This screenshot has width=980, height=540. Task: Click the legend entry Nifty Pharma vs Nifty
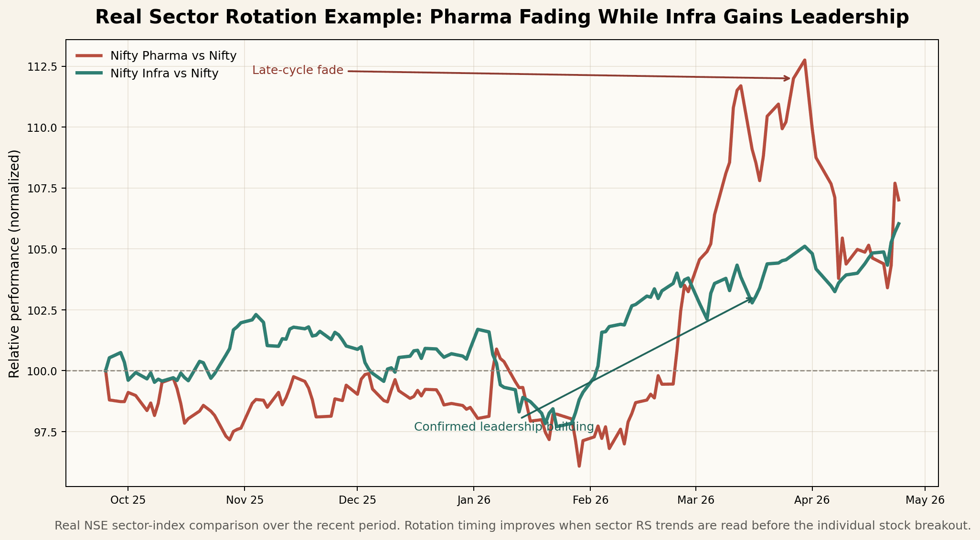(x=173, y=56)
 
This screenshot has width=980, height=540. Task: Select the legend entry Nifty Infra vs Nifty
(x=164, y=74)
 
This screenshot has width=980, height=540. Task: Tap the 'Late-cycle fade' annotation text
(x=298, y=70)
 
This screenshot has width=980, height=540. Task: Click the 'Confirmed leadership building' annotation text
(x=504, y=427)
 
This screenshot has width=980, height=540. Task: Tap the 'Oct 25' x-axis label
(x=128, y=500)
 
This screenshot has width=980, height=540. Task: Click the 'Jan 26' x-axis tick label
(x=473, y=500)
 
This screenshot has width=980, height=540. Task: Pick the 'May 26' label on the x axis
(x=925, y=500)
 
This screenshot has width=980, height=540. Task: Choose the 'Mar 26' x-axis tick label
(x=695, y=500)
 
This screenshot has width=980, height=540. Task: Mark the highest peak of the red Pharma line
(x=805, y=60)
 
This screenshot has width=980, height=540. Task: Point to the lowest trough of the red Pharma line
(x=579, y=466)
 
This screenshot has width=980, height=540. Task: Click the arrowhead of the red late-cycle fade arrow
(x=788, y=78)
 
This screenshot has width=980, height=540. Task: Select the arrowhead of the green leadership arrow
(x=752, y=298)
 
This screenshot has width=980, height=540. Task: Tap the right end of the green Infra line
(x=899, y=223)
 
